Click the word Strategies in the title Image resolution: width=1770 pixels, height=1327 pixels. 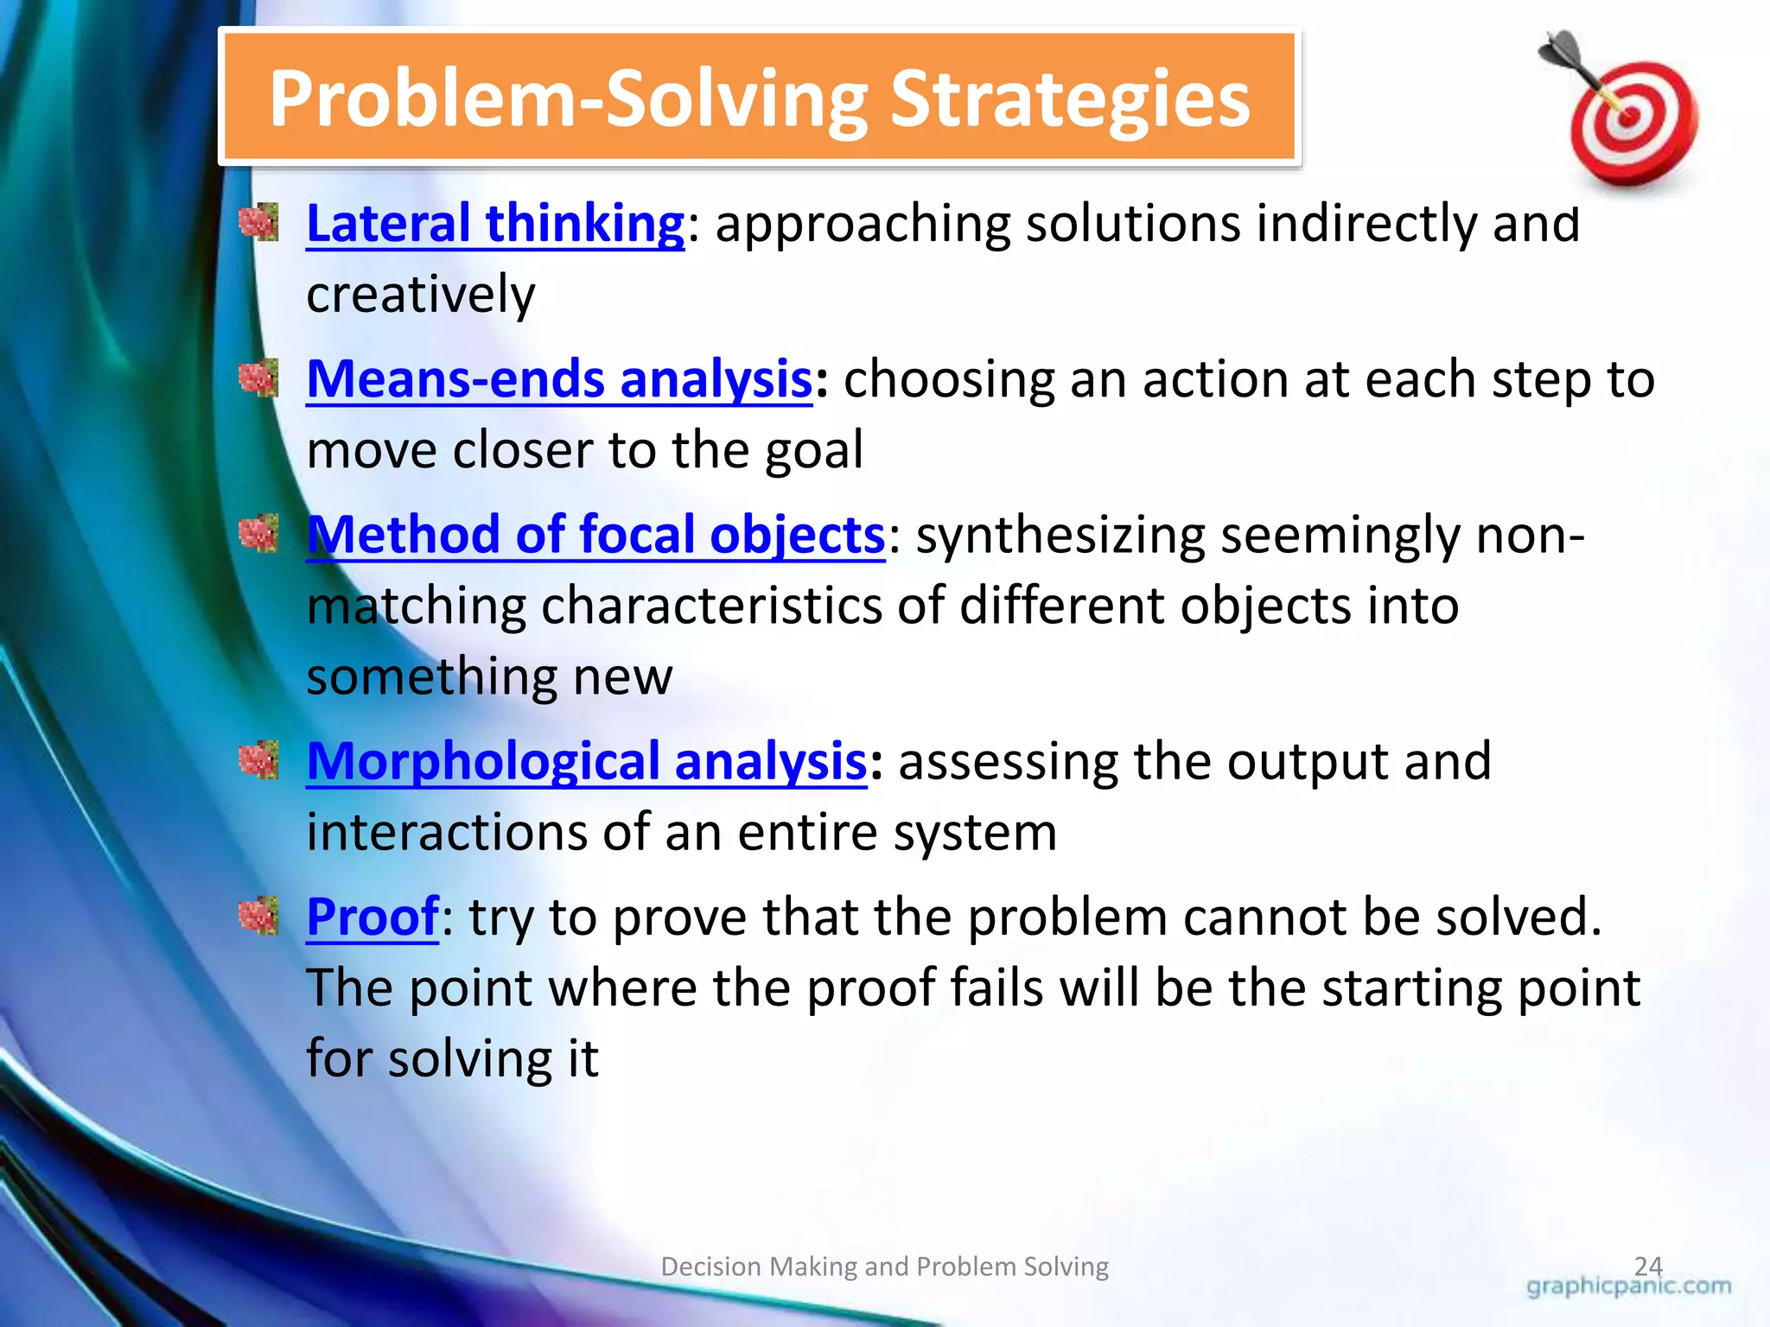pos(1070,100)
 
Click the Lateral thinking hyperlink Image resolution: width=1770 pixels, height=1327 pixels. pos(495,224)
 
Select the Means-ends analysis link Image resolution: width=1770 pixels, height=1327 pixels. pos(559,379)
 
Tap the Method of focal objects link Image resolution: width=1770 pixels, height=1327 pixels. pos(595,535)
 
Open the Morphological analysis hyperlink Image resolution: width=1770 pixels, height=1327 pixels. pos(587,761)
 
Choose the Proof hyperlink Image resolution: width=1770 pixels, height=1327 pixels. pos(372,917)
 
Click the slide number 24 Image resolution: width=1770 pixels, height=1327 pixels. pos(1648,1266)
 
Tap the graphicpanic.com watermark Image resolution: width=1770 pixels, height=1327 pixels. pos(1628,1286)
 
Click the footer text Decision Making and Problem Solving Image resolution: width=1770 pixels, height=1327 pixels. pos(884,1267)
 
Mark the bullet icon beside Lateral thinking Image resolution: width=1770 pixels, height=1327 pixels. pos(258,223)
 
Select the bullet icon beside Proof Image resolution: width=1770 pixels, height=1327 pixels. pos(258,916)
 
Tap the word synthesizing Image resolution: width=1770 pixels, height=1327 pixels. pos(1060,535)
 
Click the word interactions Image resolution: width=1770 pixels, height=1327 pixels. pos(446,832)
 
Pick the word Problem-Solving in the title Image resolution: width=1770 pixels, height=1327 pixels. pos(569,100)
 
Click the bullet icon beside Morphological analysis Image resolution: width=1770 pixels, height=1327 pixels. pos(258,760)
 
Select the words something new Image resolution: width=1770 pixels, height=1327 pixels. pos(489,676)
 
